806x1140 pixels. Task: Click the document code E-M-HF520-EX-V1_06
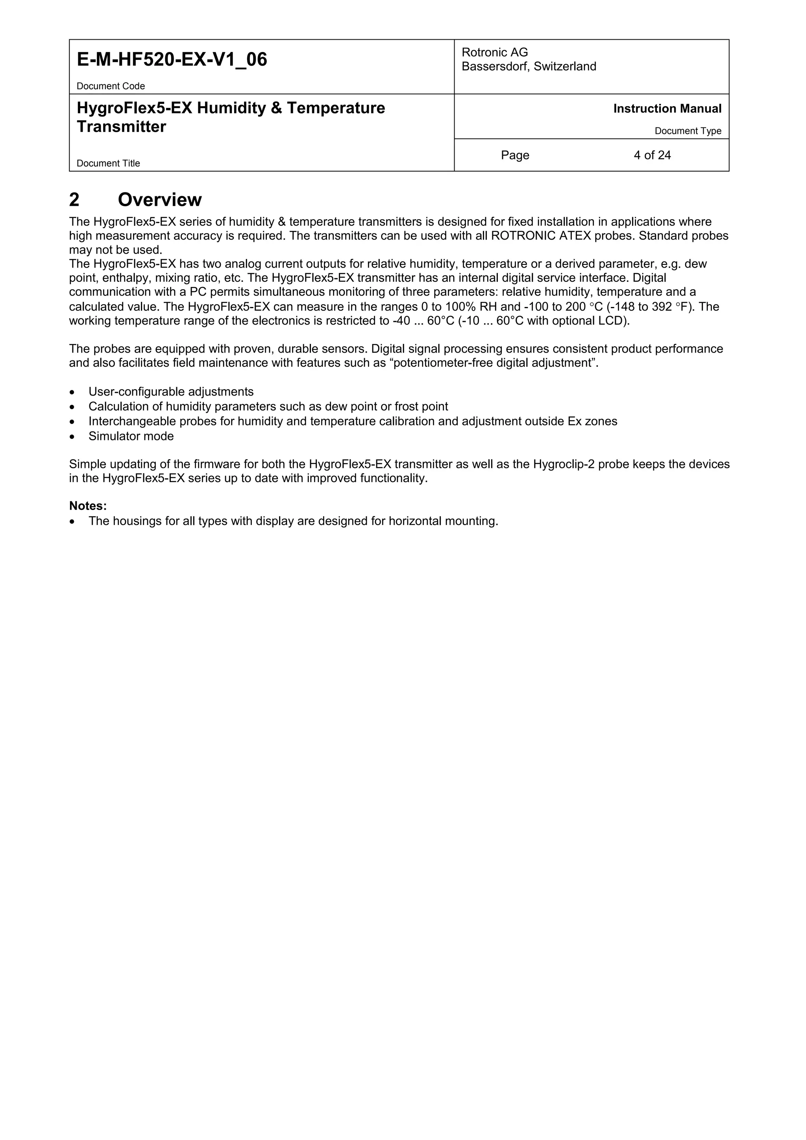click(172, 59)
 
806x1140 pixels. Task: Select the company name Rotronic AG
click(495, 52)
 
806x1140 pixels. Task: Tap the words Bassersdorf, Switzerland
click(529, 67)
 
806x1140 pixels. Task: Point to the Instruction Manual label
click(667, 109)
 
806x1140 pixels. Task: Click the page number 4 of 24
click(652, 155)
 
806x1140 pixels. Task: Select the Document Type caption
click(688, 131)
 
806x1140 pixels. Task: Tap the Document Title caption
click(108, 163)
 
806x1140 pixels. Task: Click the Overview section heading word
click(159, 200)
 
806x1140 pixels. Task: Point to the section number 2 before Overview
click(74, 200)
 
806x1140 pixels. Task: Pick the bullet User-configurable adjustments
click(171, 392)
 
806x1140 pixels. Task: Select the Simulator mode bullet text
click(131, 436)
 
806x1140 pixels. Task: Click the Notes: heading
click(88, 506)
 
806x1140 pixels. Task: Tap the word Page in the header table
click(515, 155)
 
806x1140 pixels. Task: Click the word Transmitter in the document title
click(121, 127)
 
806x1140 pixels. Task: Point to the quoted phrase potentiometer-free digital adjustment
click(495, 363)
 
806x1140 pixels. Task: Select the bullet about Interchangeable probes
click(353, 421)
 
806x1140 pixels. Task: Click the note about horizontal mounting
click(293, 521)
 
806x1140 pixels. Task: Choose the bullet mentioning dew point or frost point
click(268, 406)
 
